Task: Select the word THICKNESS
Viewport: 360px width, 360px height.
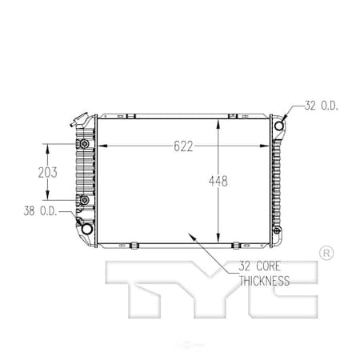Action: tap(264, 281)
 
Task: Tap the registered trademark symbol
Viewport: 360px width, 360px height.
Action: tap(326, 253)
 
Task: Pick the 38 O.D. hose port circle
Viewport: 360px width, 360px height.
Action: tap(86, 229)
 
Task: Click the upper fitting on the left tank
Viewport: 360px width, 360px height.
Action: tap(82, 145)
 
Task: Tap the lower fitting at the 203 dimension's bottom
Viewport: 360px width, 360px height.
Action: tap(82, 200)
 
